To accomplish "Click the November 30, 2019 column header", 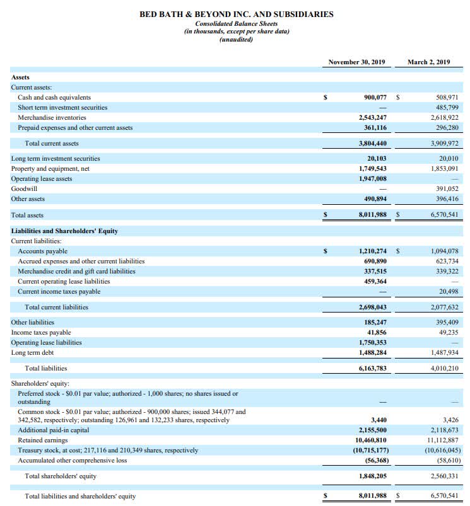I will pos(357,62).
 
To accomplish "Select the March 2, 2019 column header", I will pos(428,62).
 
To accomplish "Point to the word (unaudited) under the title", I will pos(236,40).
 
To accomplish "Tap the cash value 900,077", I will pos(372,98).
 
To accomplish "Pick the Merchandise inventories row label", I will pos(52,118).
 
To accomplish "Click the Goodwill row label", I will pos(24,188).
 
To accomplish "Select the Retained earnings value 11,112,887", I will pos(444,440).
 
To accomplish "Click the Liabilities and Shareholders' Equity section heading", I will pos(64,231).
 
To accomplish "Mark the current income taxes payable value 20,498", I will pos(448,291).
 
